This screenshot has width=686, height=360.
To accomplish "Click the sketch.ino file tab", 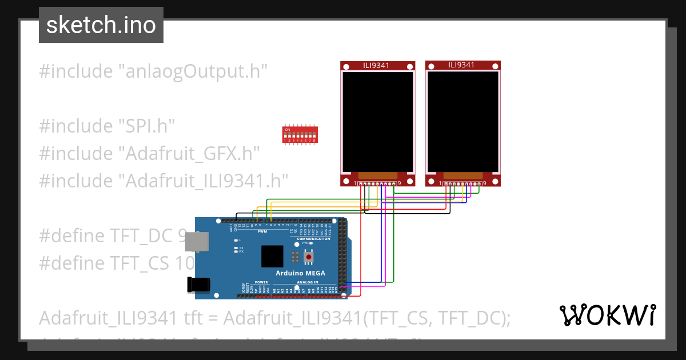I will pos(101,25).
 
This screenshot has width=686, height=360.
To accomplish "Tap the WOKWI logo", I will pos(607,315).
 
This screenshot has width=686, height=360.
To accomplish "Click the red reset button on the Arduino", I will pos(309,258).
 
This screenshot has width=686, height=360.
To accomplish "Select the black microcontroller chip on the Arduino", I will pos(272,257).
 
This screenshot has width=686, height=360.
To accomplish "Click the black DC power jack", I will pos(198,284).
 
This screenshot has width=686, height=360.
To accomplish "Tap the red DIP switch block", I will pos(300,134).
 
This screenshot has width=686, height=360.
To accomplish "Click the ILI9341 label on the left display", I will pos(376,65).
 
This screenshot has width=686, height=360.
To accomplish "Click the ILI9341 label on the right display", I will pos(461,65).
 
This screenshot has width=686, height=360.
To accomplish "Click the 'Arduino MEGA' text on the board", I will pos(301,273).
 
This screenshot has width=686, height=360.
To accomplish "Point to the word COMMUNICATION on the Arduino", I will pos(313,239).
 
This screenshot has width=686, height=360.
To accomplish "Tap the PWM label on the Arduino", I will pos(263,231).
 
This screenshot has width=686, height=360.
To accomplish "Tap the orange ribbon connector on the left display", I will pos(377,174).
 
